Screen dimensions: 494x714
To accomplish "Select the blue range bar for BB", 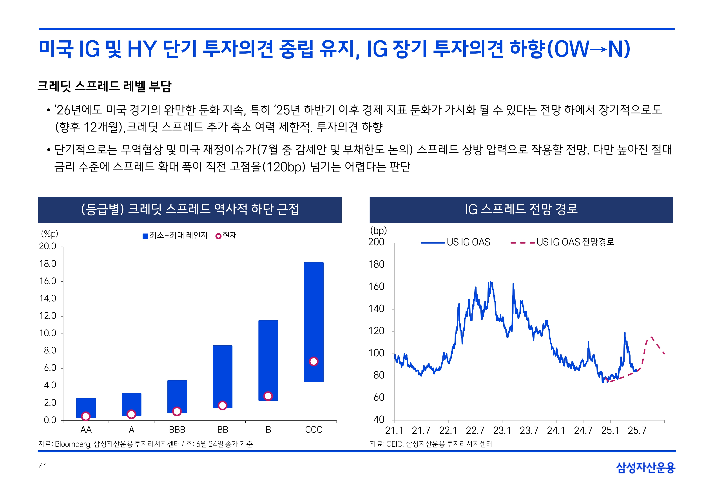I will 222,371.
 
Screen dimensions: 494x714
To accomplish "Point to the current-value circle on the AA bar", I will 86,416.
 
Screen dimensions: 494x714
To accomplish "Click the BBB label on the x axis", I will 177,430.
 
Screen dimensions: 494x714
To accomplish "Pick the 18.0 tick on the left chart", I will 48,264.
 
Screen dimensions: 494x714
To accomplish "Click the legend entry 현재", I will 226,236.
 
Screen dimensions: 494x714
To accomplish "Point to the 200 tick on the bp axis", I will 376,242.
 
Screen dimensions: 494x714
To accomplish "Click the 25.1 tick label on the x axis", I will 610,431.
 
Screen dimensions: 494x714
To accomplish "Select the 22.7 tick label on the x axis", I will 475,431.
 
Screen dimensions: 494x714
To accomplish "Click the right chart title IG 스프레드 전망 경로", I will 521,209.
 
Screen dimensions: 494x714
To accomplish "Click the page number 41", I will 43,467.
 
